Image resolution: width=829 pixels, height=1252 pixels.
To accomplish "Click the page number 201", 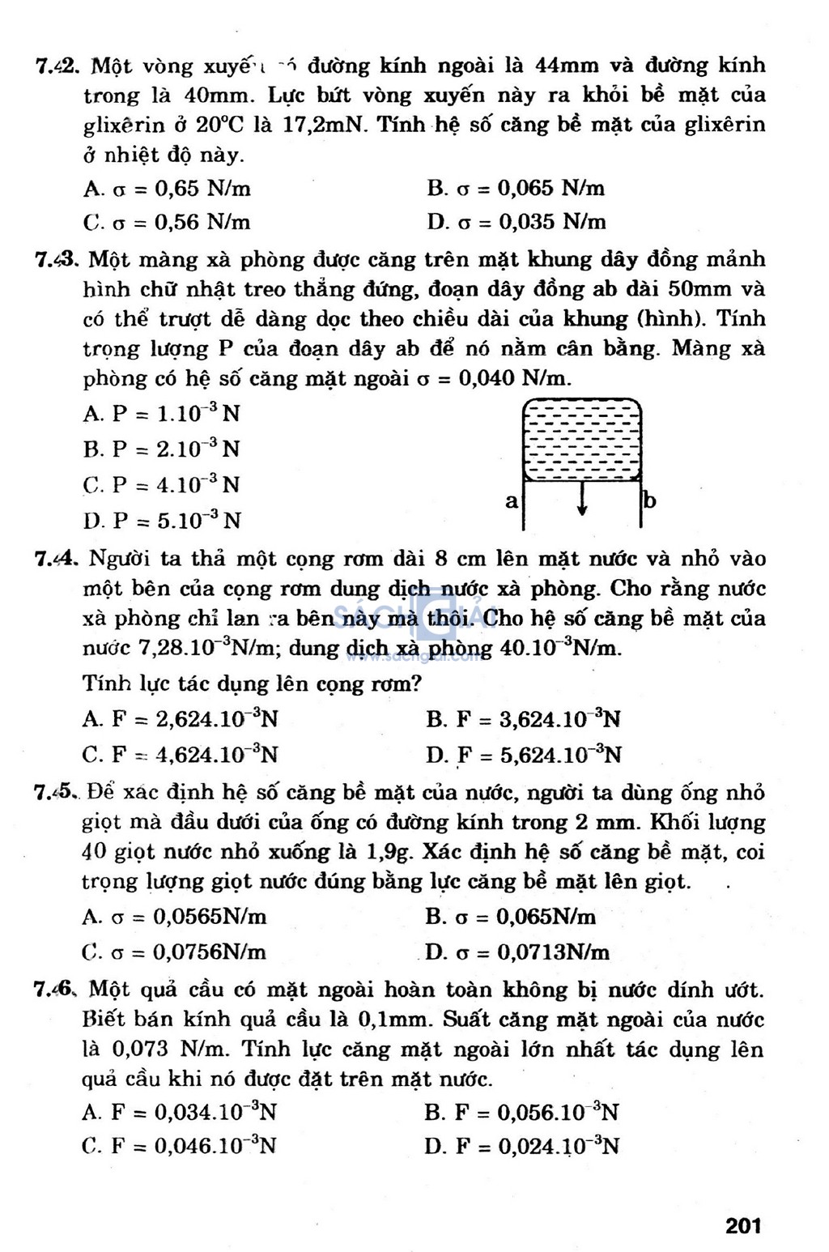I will (743, 1226).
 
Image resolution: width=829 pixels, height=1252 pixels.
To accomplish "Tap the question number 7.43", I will (56, 260).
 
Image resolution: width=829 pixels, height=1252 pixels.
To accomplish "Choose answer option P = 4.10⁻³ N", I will (162, 485).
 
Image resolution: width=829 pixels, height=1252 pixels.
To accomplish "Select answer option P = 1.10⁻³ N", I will (162, 414).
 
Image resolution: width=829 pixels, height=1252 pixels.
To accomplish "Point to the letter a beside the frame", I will (512, 501).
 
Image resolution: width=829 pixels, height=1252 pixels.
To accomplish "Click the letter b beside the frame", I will (649, 500).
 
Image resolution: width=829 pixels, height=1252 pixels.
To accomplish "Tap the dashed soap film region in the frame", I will (582, 439).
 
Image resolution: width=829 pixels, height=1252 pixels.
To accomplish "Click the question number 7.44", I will (56, 559).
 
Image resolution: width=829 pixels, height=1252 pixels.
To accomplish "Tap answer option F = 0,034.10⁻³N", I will (180, 1112).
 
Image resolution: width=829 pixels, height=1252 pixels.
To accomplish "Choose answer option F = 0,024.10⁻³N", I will (521, 1146).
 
